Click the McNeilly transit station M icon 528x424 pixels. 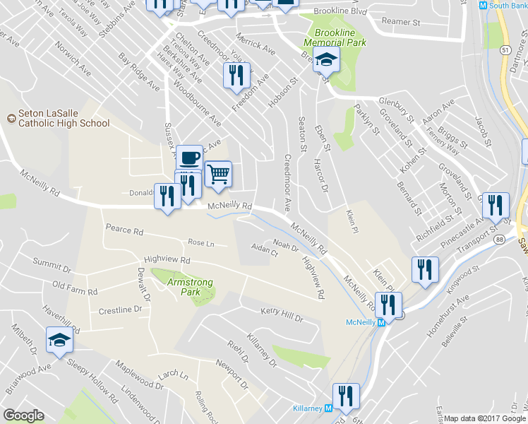382,322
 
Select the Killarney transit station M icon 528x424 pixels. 328,408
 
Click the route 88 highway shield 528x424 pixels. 500,240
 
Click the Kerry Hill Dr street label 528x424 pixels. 281,314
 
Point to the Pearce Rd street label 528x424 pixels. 124,230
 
